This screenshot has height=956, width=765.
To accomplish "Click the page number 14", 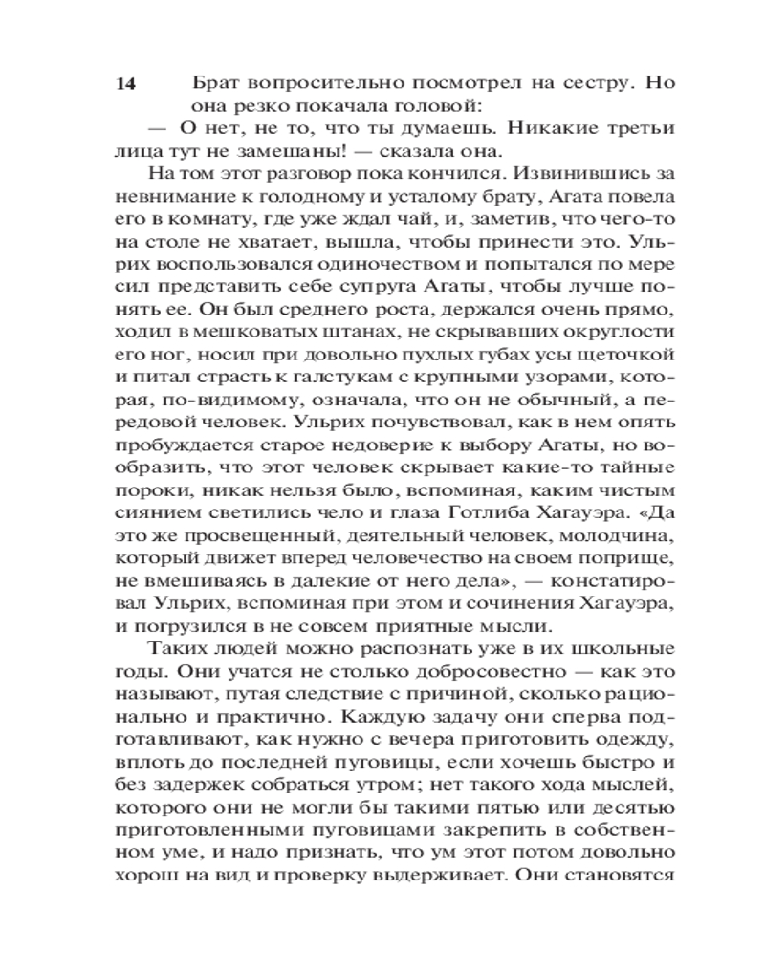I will tap(125, 84).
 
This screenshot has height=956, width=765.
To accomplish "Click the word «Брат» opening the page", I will tap(216, 83).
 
